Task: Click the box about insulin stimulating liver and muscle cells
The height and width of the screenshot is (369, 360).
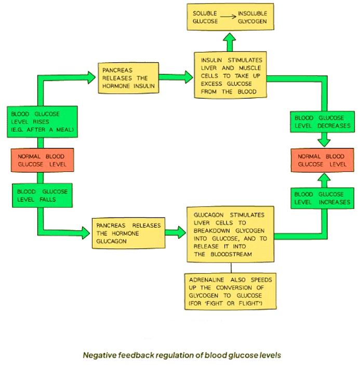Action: pos(232,74)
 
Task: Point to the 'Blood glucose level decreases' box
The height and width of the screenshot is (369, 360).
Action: pos(323,121)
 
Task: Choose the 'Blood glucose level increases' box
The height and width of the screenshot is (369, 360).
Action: pos(323,198)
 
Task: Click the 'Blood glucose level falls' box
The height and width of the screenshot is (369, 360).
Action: pos(41,195)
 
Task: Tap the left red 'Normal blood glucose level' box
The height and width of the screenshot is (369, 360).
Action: pos(42,160)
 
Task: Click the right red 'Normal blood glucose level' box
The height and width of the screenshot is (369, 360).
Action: pos(322,160)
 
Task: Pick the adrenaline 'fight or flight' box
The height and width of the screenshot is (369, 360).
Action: pos(230,291)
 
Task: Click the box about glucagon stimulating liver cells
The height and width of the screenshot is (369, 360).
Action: pos(231,233)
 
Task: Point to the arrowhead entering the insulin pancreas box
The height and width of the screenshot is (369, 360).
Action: pos(91,77)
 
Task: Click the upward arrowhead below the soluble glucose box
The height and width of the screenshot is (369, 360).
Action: pos(230,38)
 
